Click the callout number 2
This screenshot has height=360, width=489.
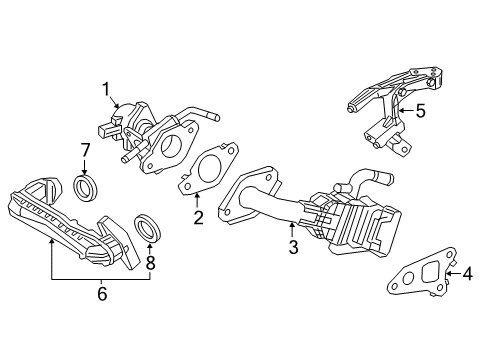click(x=197, y=219)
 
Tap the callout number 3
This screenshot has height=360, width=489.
click(x=293, y=247)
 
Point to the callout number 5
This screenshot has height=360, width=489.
click(x=420, y=111)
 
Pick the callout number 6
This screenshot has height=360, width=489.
click(x=101, y=294)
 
